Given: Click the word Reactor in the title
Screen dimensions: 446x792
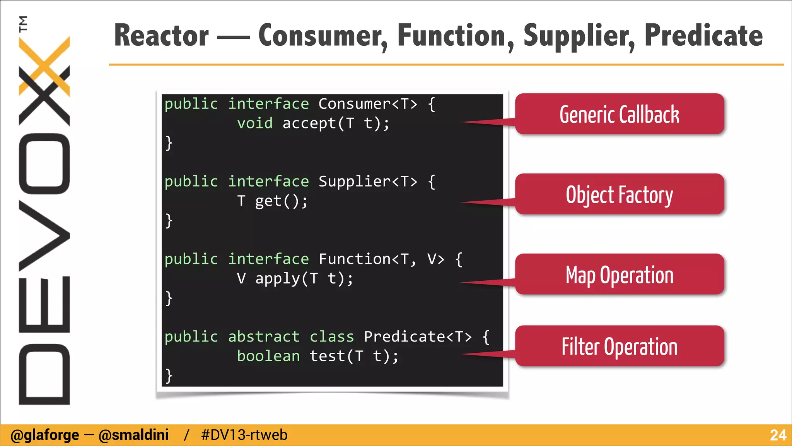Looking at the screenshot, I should click(x=161, y=36).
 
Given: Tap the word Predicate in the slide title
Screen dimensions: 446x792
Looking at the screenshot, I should click(x=703, y=36).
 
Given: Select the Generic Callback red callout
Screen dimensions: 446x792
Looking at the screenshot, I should click(x=619, y=114).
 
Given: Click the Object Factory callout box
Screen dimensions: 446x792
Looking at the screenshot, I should click(x=619, y=194).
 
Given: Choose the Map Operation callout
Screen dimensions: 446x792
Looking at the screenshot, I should click(x=619, y=274).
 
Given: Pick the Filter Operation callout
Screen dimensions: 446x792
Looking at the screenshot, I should click(x=619, y=346).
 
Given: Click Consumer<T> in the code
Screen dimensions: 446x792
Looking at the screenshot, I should click(x=367, y=104).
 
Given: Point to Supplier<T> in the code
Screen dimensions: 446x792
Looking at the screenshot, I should click(x=367, y=181).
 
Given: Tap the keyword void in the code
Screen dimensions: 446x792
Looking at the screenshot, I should click(x=254, y=123).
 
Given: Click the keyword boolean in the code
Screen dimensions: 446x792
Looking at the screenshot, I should click(x=268, y=356).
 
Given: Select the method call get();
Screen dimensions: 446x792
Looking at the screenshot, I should click(x=281, y=201).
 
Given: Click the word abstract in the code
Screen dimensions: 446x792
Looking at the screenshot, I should click(x=264, y=336).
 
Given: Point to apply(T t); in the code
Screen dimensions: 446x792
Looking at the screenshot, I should click(x=304, y=278).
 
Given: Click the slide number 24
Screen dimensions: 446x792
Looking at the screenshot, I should click(x=778, y=435).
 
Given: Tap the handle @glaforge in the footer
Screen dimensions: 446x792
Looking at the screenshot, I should click(x=44, y=435).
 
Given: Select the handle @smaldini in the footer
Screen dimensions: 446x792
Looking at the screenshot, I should click(x=133, y=435).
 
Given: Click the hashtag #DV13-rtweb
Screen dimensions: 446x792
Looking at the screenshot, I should click(x=244, y=435).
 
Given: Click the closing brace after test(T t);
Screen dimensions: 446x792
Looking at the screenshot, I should click(x=169, y=376).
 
